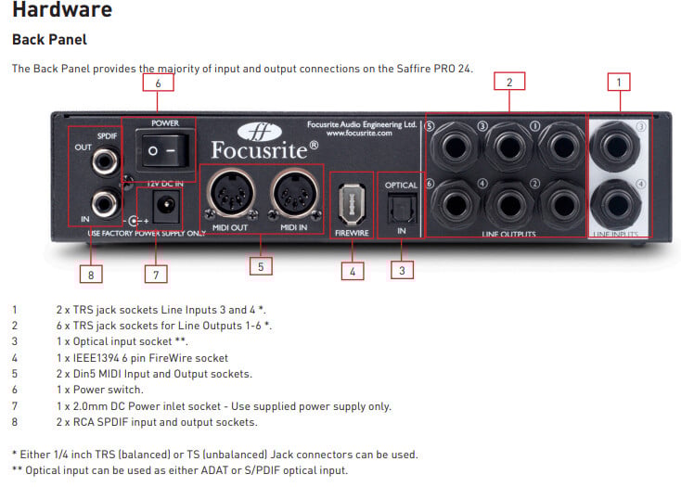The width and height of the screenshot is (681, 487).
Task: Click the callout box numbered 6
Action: tap(158, 83)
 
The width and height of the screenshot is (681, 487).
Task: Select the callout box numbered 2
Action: tap(509, 82)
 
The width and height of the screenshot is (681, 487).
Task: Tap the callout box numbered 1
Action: tap(618, 82)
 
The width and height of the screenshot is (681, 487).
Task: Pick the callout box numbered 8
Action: tap(91, 274)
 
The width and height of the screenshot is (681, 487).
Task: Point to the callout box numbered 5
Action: tap(263, 267)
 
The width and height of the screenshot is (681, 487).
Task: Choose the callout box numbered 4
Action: tap(352, 272)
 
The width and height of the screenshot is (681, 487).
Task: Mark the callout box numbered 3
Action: tap(401, 271)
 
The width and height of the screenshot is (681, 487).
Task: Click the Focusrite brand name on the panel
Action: tap(262, 147)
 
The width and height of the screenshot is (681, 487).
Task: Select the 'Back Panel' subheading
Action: tap(48, 40)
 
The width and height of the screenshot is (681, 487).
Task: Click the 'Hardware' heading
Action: tap(61, 11)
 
